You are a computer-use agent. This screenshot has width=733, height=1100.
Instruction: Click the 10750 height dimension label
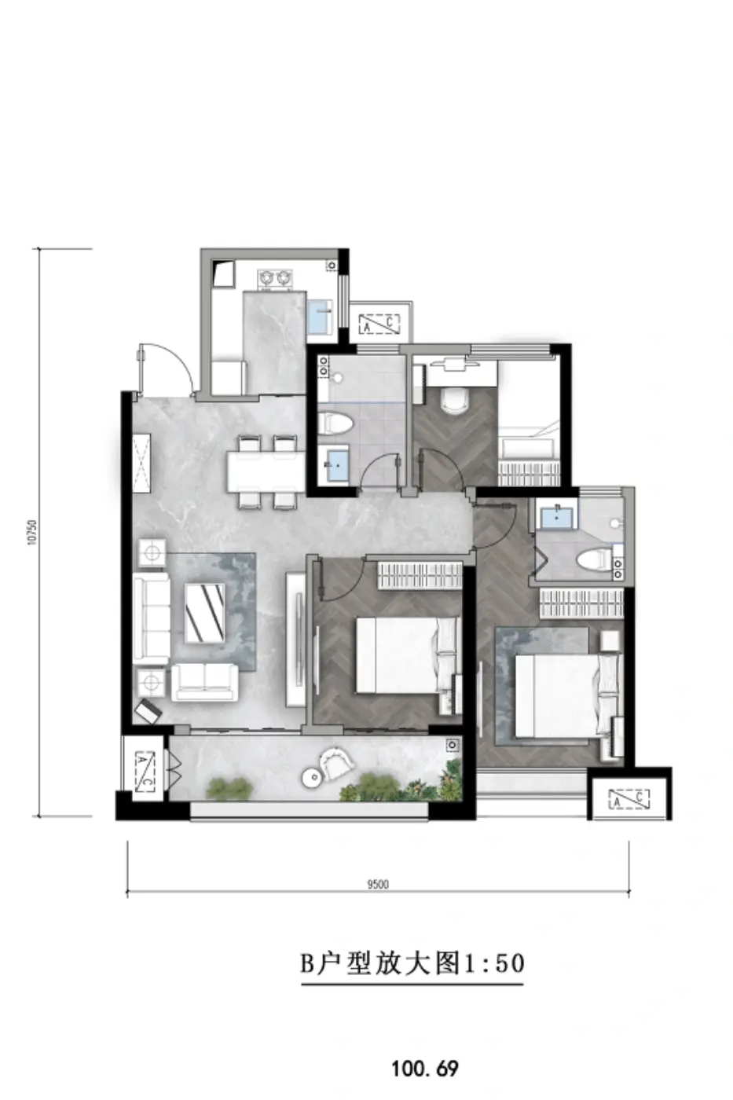coord(32,532)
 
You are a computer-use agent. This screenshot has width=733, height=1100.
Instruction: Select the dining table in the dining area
coord(266,471)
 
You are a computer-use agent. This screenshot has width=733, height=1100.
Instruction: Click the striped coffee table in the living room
coord(205,613)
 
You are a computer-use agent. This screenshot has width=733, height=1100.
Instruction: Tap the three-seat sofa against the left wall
coord(151,620)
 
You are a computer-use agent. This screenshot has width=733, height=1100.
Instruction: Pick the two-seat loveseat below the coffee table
coord(204,682)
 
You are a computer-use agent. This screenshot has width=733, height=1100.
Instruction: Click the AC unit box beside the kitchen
coord(379,324)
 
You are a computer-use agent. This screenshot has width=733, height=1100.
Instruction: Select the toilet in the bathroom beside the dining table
coord(335,423)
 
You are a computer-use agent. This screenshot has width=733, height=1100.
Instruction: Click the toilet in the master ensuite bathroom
coord(594,560)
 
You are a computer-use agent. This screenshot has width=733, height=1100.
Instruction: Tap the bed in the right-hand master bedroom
coord(566,696)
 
